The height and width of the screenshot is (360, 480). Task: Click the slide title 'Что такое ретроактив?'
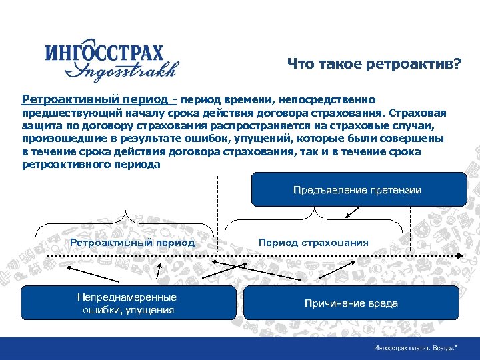tap(374, 64)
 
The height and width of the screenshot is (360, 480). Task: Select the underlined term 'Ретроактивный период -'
tap(99, 99)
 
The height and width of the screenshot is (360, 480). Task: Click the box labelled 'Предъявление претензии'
tap(357, 190)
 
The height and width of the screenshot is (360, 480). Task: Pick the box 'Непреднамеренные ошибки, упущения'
tap(127, 304)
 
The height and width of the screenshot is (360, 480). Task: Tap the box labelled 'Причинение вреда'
tap(351, 304)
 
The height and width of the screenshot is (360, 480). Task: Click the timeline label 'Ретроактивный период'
tap(123, 243)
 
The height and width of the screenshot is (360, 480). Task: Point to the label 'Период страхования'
tap(313, 243)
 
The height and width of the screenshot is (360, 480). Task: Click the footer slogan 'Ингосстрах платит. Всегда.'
tap(415, 348)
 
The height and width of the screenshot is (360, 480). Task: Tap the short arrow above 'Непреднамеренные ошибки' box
tap(159, 271)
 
